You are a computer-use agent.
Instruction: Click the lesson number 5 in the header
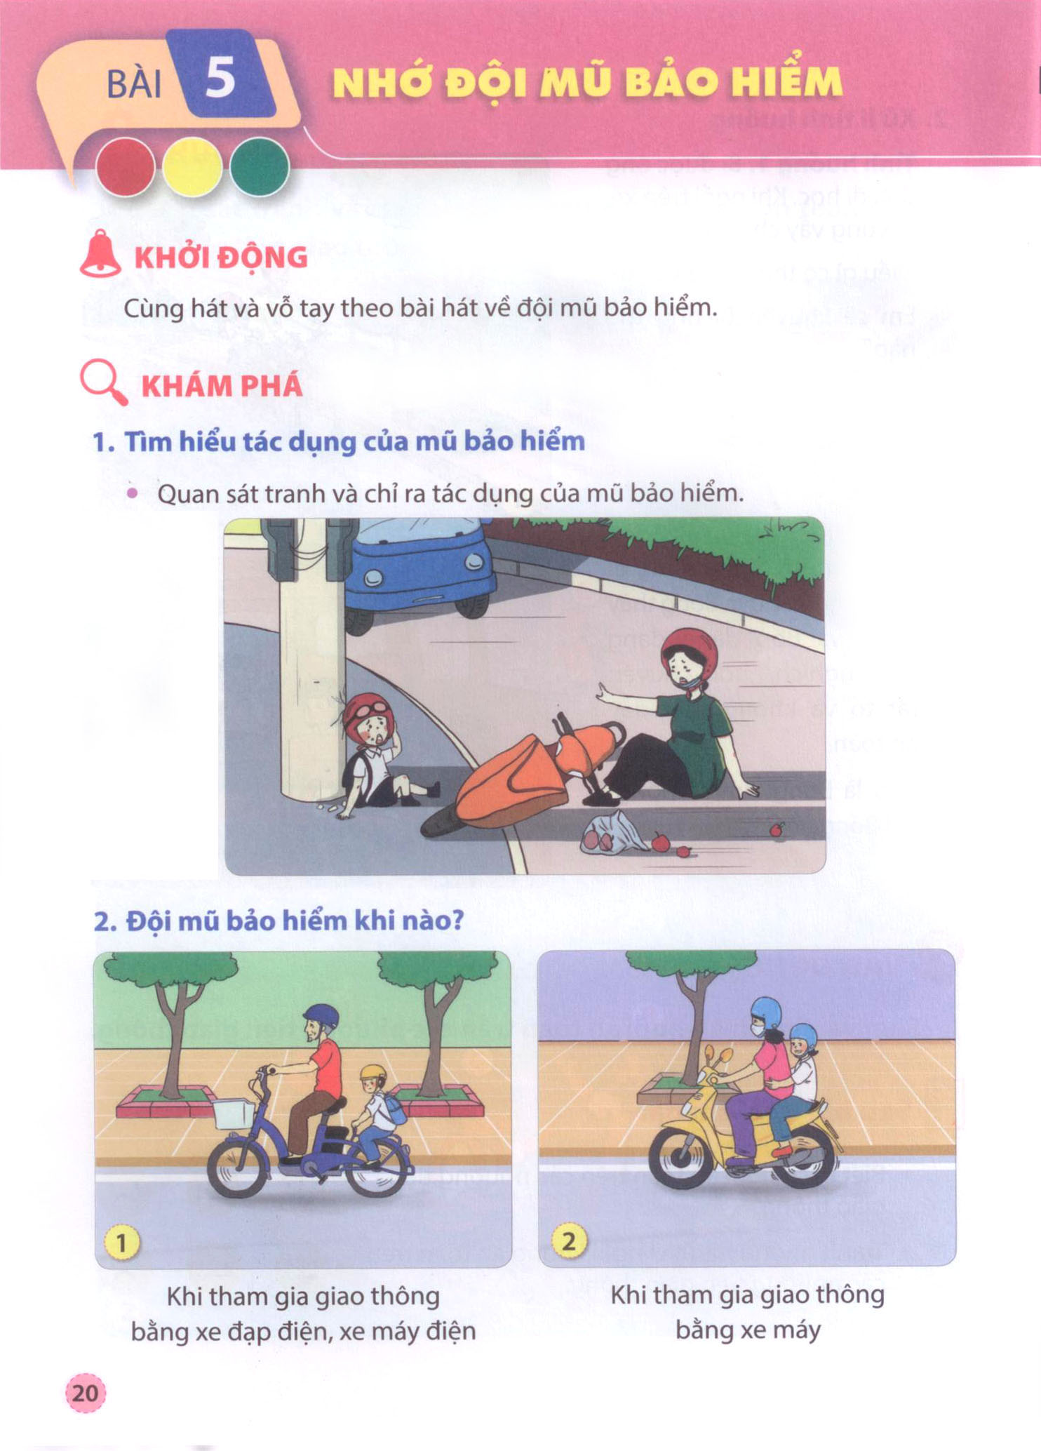point(220,78)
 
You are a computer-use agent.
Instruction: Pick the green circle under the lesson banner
point(260,167)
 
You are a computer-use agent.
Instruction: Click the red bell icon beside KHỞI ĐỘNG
point(100,253)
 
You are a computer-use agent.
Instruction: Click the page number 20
point(85,1391)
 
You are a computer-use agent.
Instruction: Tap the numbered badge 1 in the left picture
point(121,1243)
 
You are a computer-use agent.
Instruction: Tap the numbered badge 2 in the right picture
point(569,1242)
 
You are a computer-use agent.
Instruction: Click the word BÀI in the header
point(134,85)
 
